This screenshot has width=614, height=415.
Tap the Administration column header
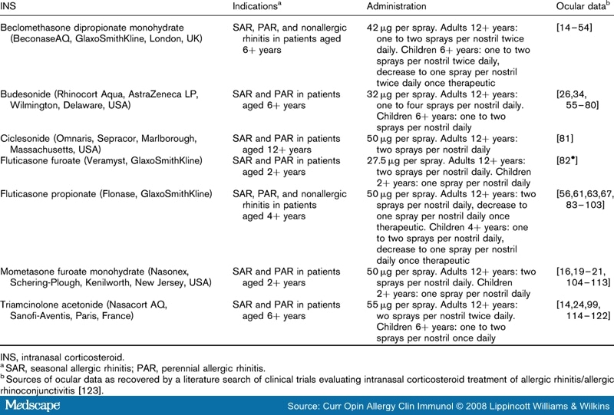tap(400, 6)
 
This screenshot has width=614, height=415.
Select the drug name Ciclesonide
tap(26, 138)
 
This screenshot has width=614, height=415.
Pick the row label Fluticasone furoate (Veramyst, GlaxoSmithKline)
tap(101, 160)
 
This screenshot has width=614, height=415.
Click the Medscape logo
tap(32, 404)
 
